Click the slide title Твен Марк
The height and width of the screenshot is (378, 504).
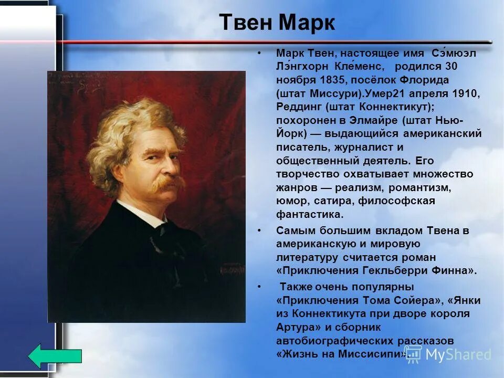tap(277, 23)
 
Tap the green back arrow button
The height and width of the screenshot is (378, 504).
tap(55, 355)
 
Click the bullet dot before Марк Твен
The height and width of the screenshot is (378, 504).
tap(259, 54)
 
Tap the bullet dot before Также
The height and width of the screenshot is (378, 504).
tap(259, 287)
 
